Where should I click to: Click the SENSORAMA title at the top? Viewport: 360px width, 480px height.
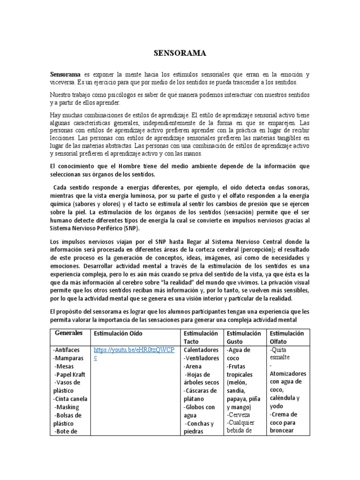coord(180,53)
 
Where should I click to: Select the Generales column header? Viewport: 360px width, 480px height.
coord(69,333)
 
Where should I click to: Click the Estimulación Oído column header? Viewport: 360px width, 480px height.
coord(118,333)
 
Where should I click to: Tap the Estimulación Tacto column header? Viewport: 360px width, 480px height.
coord(201,337)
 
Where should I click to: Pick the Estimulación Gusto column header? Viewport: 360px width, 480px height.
coord(243,337)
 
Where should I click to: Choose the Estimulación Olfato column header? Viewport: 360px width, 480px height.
coord(287,337)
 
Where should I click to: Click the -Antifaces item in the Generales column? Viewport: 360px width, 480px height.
coord(67,350)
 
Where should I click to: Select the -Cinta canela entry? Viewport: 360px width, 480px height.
coord(70,399)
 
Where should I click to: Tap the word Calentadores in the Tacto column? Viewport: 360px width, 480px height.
coord(201,350)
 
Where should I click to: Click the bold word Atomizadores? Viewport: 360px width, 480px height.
coord(288,374)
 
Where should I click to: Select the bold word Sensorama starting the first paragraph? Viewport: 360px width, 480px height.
coord(66,75)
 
